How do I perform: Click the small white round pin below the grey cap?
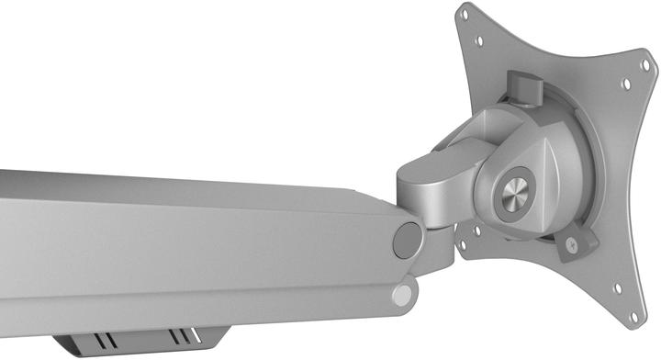coord(400,295)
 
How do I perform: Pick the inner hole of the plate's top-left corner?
coord(476,41)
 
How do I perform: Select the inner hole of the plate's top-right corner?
coord(625,84)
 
